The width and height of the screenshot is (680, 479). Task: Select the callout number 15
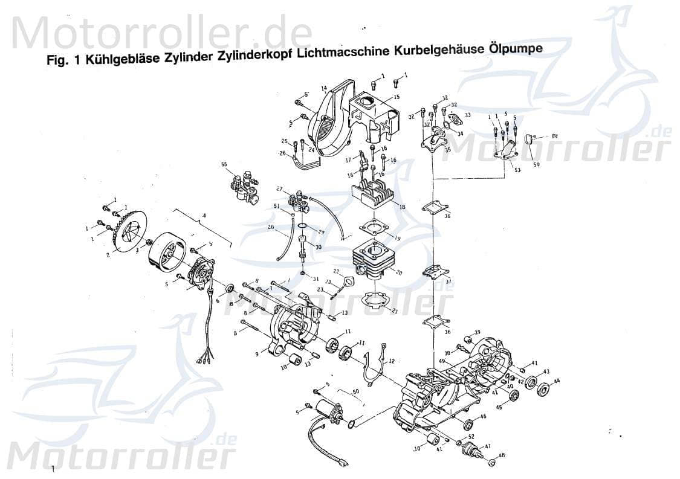[397, 97]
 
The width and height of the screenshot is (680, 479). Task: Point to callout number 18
[402, 207]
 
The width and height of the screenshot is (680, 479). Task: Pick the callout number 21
[395, 312]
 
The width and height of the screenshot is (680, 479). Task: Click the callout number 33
[467, 115]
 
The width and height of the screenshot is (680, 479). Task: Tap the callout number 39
[477, 332]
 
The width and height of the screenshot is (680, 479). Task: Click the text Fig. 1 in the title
[63, 62]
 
